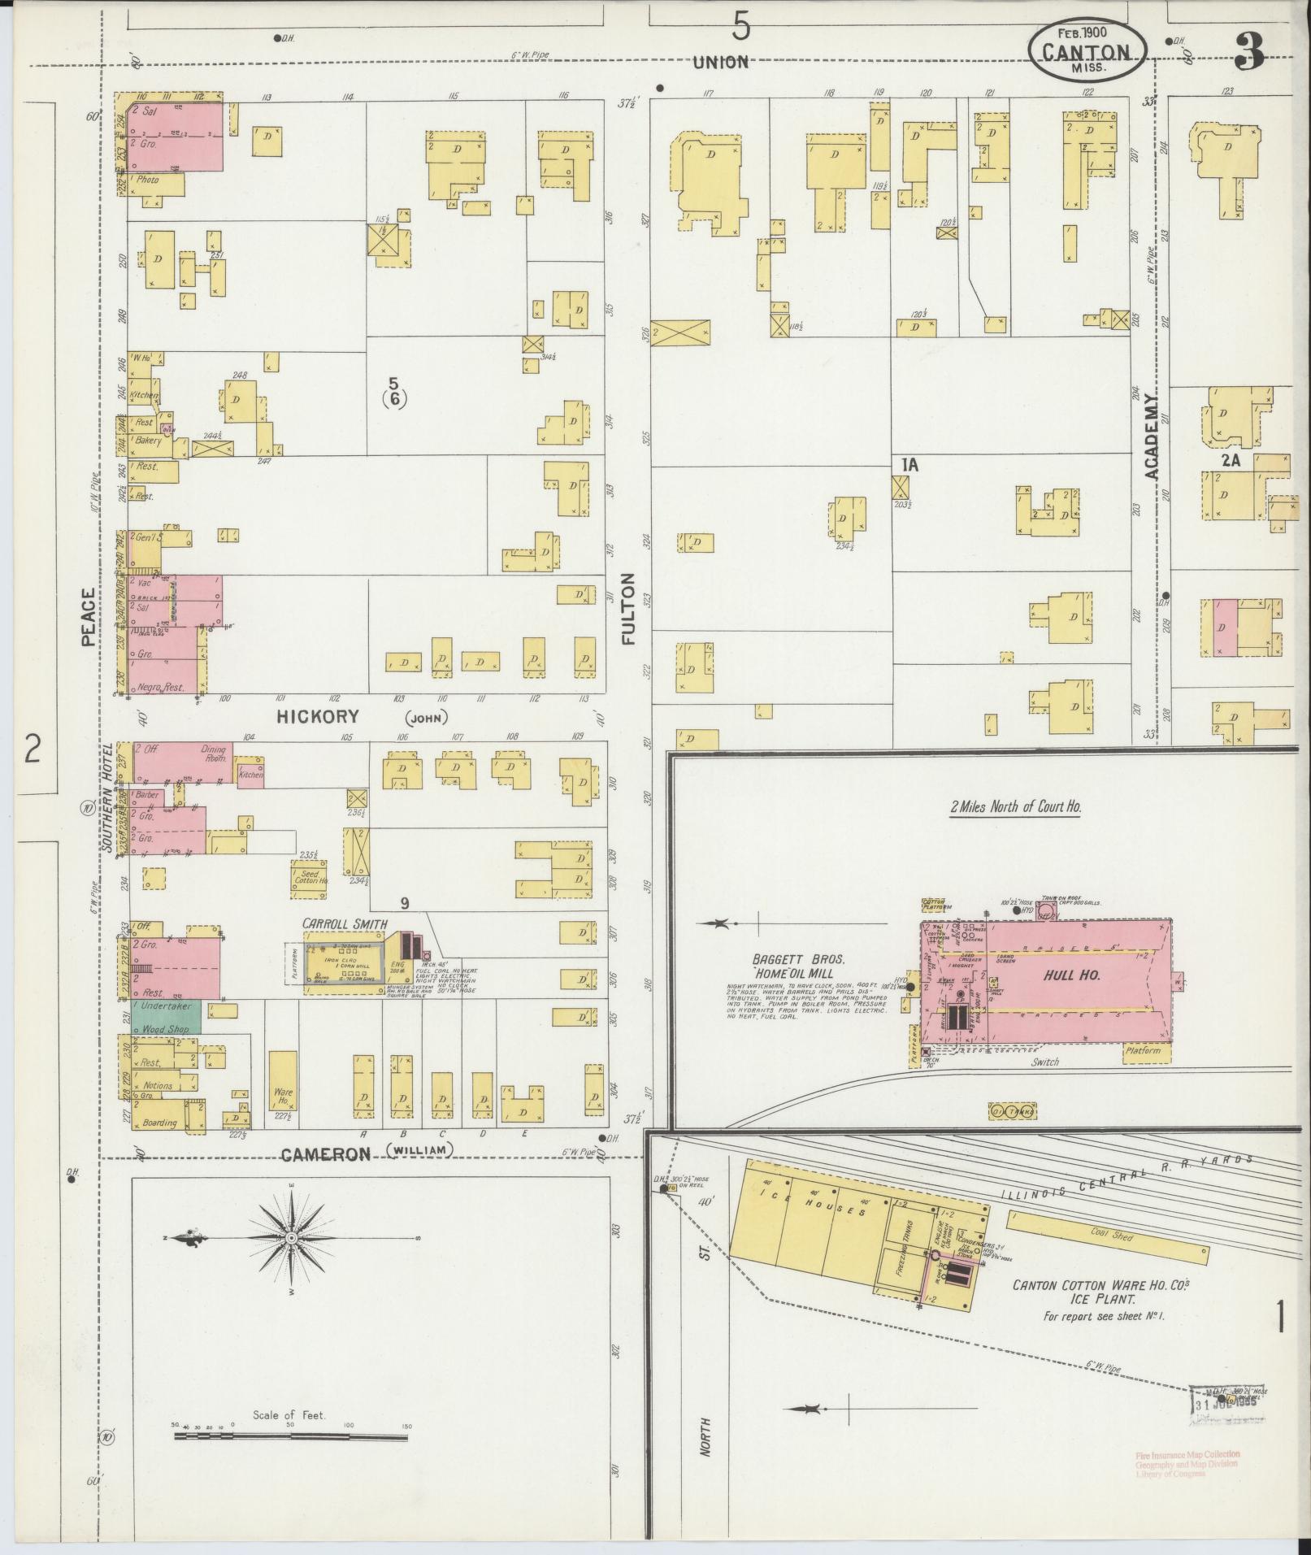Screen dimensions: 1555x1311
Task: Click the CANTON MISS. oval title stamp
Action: [1087, 50]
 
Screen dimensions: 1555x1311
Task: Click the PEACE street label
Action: [89, 617]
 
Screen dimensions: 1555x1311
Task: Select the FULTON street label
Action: [627, 609]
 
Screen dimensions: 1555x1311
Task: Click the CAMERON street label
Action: [326, 1154]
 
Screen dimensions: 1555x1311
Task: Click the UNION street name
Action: [720, 63]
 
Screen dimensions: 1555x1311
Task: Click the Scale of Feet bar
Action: [291, 1437]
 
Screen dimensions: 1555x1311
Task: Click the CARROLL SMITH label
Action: [344, 923]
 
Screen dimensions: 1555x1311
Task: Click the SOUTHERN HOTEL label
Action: [106, 798]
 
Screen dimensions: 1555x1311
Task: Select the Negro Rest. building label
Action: [161, 687]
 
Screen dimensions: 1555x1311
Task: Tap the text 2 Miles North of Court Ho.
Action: [1015, 807]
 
